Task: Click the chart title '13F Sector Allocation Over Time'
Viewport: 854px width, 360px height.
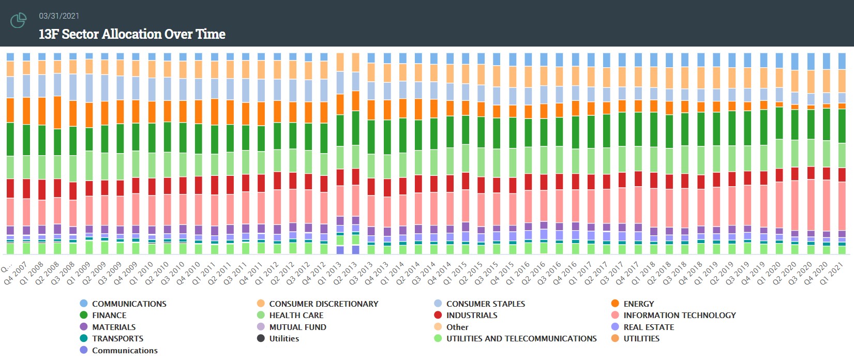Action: click(132, 34)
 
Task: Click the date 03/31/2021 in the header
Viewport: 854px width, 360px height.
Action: click(59, 16)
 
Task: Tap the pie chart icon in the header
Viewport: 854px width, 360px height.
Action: click(18, 21)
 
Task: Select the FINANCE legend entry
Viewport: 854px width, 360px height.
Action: click(109, 315)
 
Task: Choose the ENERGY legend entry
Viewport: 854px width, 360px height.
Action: click(638, 304)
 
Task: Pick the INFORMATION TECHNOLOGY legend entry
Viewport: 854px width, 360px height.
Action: click(679, 315)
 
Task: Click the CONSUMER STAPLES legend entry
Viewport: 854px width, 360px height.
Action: click(485, 304)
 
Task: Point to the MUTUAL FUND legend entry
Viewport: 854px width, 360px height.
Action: click(297, 327)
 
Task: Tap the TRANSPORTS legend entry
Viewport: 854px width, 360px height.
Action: click(117, 338)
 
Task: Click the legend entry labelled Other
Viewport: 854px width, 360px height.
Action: click(457, 327)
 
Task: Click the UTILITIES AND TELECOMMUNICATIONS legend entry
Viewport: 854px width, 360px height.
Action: click(521, 338)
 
